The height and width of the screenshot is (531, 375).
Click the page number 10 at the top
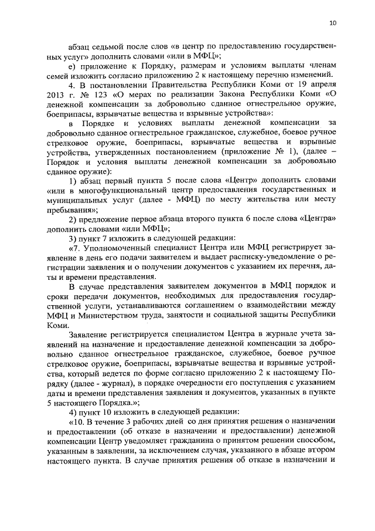click(x=332, y=23)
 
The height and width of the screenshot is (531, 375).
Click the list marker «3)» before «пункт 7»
click(x=74, y=238)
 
